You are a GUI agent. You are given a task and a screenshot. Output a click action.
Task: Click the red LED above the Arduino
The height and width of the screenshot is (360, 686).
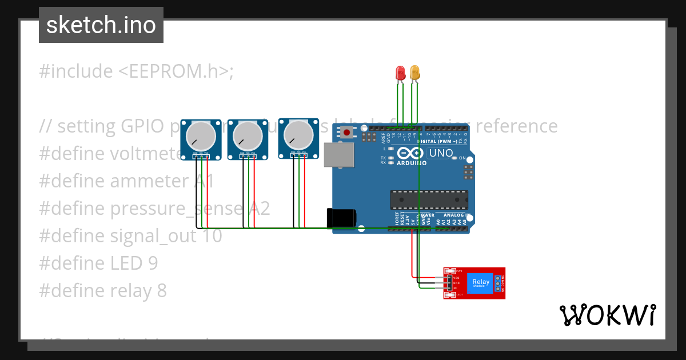[x=401, y=73]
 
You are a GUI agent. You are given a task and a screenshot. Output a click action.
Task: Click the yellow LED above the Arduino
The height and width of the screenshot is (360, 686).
[x=415, y=73]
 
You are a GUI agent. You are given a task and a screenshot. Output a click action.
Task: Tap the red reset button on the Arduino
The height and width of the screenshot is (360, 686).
[x=346, y=133]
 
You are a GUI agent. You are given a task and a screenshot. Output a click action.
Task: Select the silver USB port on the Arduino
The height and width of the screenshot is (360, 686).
[x=339, y=154]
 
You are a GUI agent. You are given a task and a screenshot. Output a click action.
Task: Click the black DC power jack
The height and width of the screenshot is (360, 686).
[x=341, y=218]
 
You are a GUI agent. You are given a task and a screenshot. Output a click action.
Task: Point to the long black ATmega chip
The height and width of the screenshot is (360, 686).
[x=429, y=200]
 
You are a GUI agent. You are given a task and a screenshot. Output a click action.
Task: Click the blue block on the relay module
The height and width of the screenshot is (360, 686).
[x=480, y=282]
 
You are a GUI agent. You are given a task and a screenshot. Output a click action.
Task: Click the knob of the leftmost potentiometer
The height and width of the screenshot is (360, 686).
[x=200, y=137]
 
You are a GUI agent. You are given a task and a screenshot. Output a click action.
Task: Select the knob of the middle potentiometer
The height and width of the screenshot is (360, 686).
[x=248, y=137]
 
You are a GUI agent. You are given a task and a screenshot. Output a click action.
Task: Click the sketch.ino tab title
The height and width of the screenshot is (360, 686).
[x=101, y=25]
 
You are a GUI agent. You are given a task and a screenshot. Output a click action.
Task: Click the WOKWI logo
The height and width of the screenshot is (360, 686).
[x=607, y=315]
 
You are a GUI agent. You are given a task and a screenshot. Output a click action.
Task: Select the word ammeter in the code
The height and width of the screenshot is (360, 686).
[x=150, y=181]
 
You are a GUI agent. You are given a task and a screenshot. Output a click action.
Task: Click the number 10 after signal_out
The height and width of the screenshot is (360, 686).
[x=212, y=236]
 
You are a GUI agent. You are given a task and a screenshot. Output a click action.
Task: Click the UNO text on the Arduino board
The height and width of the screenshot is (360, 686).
[x=441, y=153]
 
